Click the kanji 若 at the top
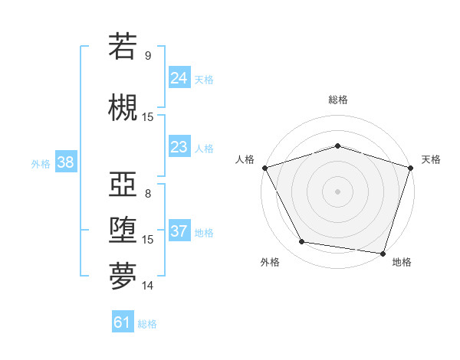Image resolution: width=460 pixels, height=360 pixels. (x=123, y=47)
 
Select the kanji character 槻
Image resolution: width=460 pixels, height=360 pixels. (x=123, y=106)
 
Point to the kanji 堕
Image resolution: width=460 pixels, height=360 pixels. (x=123, y=231)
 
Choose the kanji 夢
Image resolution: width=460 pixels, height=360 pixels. (x=123, y=276)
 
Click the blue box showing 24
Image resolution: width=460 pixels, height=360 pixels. (x=179, y=77)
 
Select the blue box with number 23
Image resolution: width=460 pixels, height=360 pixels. (x=179, y=147)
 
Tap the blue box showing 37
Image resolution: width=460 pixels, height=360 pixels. (x=179, y=231)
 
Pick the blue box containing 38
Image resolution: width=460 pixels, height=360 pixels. (x=64, y=162)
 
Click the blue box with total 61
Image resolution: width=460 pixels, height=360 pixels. (x=123, y=322)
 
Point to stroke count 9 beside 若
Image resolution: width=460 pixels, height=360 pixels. (x=148, y=56)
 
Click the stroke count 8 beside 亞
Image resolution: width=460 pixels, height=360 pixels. (x=148, y=193)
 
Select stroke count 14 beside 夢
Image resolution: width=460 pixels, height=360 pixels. (x=148, y=286)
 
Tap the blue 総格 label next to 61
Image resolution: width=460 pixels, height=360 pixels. (x=147, y=324)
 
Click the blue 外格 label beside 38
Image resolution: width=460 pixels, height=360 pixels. (x=41, y=163)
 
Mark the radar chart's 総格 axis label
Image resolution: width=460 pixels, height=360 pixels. (x=337, y=100)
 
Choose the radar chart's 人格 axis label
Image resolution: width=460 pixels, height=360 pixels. (x=245, y=159)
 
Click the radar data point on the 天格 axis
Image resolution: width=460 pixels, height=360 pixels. (x=410, y=167)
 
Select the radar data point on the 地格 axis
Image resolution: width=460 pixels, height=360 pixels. (x=382, y=253)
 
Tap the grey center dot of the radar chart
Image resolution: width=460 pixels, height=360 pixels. (x=337, y=191)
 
